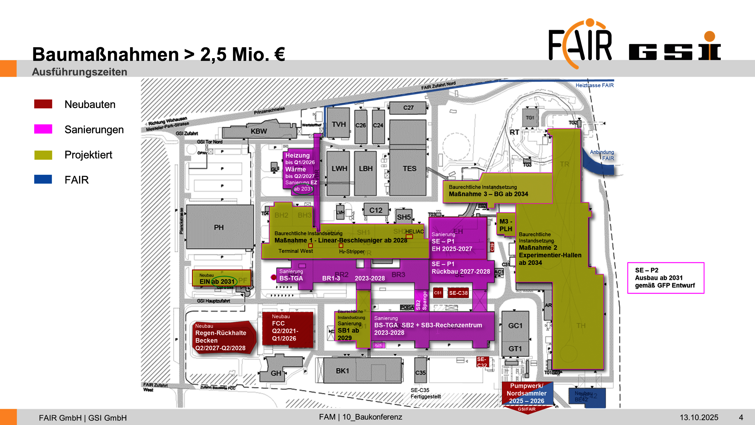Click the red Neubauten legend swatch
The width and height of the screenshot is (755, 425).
[43, 104]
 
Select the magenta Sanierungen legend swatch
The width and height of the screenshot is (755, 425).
[43, 129]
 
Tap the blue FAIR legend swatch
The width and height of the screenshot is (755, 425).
[43, 179]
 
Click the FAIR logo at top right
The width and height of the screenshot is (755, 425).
[580, 44]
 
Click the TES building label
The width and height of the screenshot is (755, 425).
[409, 169]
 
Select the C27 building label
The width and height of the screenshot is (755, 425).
[408, 108]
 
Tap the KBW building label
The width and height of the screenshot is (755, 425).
[259, 131]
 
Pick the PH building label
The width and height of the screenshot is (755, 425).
[219, 228]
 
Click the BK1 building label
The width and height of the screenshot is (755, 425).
[342, 371]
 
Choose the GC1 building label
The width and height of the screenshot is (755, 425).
[515, 326]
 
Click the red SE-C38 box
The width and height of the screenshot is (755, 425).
[458, 293]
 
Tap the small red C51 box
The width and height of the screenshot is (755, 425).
[438, 293]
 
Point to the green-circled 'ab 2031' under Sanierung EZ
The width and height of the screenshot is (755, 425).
[303, 189]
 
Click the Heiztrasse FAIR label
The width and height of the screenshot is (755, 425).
[594, 85]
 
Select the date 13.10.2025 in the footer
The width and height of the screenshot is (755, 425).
[699, 417]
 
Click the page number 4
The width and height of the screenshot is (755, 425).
[741, 417]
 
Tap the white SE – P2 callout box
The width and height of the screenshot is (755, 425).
[665, 278]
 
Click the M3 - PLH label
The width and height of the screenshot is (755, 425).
[506, 225]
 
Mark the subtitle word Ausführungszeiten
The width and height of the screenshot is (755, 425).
[80, 72]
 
